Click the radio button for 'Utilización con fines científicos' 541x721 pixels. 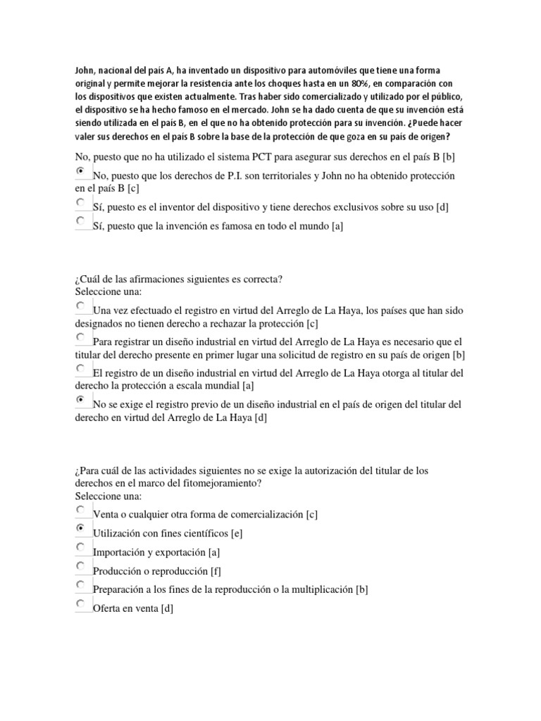coord(80,527)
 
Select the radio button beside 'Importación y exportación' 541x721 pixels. coord(80,546)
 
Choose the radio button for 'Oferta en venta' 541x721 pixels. coord(80,603)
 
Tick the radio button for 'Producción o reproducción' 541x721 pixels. coord(80,565)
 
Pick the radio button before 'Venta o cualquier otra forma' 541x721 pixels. coord(80,508)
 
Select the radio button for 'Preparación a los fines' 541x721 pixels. coord(80,584)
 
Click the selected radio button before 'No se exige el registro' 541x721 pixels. coord(80,399)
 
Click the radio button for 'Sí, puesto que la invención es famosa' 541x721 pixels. coord(80,220)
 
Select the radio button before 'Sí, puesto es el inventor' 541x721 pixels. coord(80,201)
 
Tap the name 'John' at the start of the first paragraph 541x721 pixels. coord(83,70)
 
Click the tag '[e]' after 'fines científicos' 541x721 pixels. coord(236,533)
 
